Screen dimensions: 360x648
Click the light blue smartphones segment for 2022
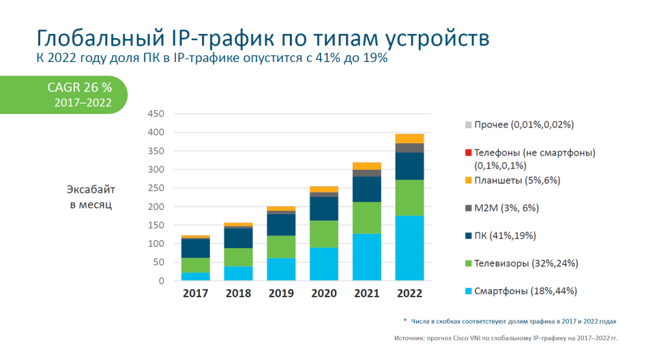pos(409,248)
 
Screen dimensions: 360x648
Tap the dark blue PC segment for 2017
pos(195,248)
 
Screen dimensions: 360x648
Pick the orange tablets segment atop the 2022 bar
pos(409,138)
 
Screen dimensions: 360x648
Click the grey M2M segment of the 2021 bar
pos(366,172)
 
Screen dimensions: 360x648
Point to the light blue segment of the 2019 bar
pos(281,269)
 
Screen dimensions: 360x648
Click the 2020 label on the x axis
pos(323,294)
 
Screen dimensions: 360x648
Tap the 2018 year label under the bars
pos(238,294)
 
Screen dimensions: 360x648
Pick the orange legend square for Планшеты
pos(468,180)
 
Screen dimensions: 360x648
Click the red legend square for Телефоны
pos(468,153)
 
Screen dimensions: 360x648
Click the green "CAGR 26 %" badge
pos(78,94)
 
